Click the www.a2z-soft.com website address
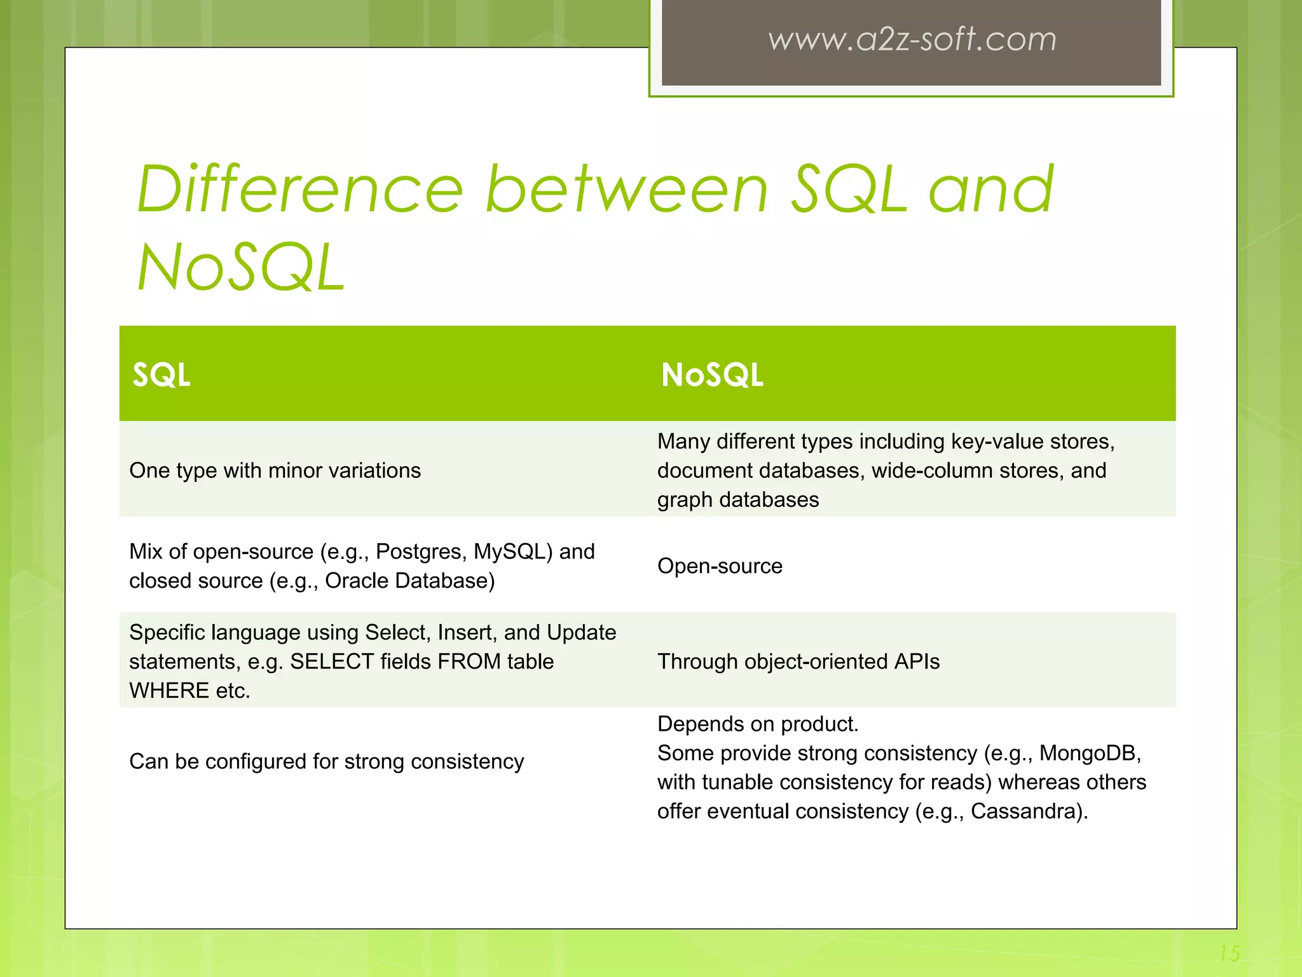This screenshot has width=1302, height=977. point(912,39)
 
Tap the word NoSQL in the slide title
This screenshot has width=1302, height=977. point(242,268)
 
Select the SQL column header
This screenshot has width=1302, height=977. point(161,375)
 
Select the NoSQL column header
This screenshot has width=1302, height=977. point(712,375)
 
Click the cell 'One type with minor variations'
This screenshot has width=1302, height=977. point(275,471)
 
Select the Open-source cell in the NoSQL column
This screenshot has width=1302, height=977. point(720,566)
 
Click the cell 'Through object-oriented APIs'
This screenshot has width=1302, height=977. point(798,662)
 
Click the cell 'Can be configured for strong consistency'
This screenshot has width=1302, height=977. point(326,761)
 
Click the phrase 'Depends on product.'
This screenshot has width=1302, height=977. point(758,724)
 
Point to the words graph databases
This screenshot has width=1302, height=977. point(737,500)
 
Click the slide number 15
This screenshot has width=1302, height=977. point(1230,953)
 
